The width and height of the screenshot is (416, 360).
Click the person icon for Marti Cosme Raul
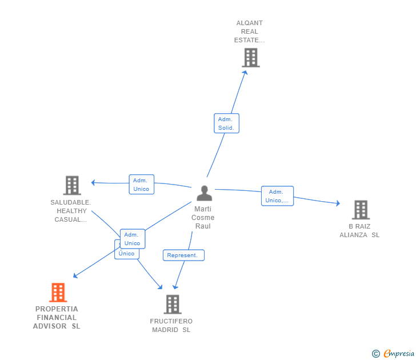(x=204, y=193)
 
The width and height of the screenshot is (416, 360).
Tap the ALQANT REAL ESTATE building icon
(x=250, y=58)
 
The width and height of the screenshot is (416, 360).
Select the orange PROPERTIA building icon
(x=58, y=293)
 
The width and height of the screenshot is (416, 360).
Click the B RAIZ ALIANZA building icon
(x=361, y=210)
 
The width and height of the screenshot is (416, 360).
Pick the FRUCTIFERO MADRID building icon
(x=172, y=305)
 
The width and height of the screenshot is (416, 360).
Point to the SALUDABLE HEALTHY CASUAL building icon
(x=71, y=185)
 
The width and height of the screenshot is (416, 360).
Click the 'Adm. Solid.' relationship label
(x=226, y=123)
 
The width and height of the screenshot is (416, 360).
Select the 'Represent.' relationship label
(x=183, y=255)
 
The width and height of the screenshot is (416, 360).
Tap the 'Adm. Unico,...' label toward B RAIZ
(x=277, y=196)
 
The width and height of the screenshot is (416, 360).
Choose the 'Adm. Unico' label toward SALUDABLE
(x=141, y=185)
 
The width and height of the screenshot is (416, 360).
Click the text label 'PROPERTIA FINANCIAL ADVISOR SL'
(x=57, y=318)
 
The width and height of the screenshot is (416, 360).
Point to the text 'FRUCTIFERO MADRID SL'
(x=171, y=326)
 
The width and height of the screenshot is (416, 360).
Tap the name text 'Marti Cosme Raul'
(x=203, y=218)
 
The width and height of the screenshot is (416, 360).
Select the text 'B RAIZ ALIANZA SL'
(x=359, y=230)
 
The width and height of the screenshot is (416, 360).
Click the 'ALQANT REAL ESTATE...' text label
(x=250, y=32)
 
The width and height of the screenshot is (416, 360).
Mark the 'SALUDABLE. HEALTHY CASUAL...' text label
(x=71, y=211)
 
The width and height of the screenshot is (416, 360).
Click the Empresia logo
(x=399, y=353)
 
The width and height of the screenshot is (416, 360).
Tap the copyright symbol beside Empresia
(x=376, y=354)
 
